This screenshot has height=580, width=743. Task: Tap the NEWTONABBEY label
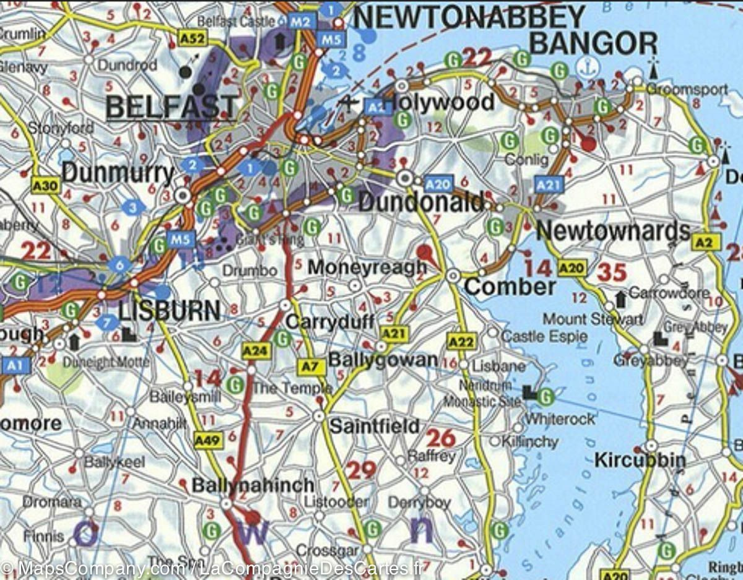470,17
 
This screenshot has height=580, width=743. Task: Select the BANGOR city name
594,43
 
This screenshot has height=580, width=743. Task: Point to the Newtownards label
613,231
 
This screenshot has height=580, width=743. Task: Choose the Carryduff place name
331,322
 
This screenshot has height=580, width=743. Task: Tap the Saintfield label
374,426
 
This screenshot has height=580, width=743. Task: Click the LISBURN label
169,310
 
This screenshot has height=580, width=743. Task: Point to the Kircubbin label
640,461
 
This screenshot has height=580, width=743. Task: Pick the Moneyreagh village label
367,267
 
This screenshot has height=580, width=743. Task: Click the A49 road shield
207,440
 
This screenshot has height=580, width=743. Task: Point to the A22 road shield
460,341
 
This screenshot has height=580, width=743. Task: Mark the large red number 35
612,272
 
